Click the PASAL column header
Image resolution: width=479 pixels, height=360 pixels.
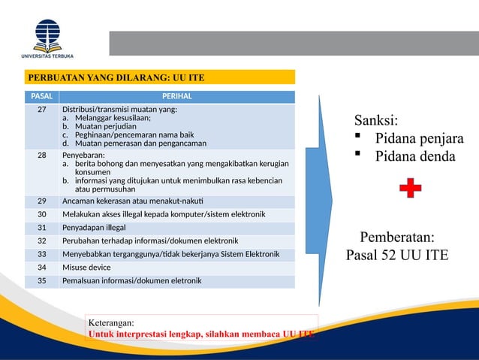click(x=42, y=96)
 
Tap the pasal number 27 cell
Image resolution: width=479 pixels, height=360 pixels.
click(x=42, y=110)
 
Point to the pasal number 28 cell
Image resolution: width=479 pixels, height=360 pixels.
click(x=42, y=155)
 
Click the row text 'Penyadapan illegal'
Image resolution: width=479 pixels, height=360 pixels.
click(x=94, y=227)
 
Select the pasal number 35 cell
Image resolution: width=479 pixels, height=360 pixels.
click(x=42, y=281)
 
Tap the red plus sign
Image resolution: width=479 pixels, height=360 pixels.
click(x=409, y=189)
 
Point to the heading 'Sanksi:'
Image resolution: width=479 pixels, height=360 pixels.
click(x=376, y=121)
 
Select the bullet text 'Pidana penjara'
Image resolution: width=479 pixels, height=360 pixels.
click(x=419, y=139)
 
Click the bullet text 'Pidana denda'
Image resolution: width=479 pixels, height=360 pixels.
click(x=414, y=156)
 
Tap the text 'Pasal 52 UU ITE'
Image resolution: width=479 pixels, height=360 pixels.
click(x=396, y=255)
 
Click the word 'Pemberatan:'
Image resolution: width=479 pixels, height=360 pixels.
click(x=396, y=237)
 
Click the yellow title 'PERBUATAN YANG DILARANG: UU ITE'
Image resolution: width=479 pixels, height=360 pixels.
click(x=116, y=77)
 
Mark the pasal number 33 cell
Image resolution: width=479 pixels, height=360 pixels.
click(x=42, y=254)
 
